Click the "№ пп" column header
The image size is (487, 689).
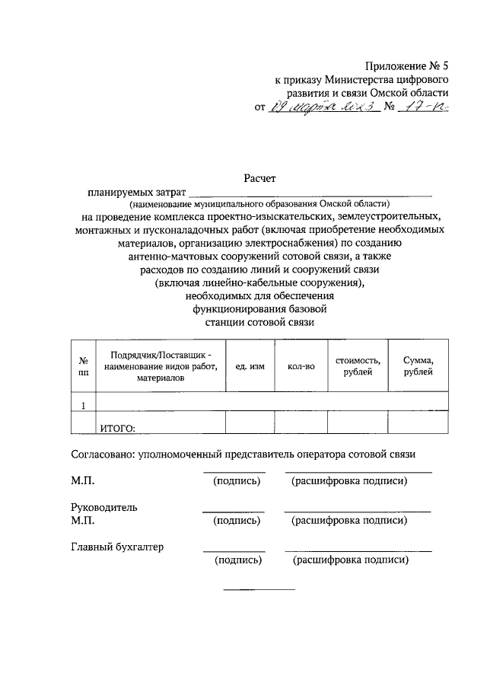click(x=83, y=366)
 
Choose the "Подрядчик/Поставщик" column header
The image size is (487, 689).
click(x=161, y=366)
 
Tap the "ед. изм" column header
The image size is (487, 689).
click(x=250, y=366)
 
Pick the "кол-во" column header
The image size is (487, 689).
click(x=301, y=366)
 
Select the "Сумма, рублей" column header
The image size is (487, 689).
click(x=419, y=365)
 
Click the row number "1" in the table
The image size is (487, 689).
click(x=83, y=404)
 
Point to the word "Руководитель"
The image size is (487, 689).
click(x=104, y=507)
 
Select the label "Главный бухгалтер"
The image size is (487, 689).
click(x=117, y=547)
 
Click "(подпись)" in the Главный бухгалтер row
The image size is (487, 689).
click(x=238, y=560)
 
